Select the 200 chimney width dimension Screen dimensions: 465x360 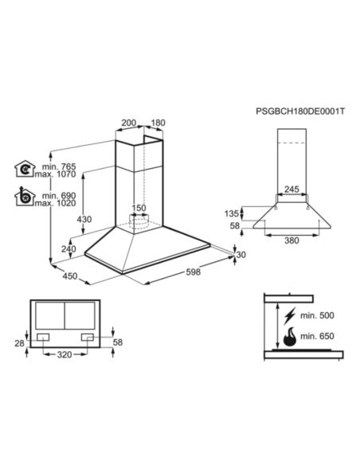128,123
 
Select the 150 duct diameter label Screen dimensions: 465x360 139,209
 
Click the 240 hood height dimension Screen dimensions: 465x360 69,249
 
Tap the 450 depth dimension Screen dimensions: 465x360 69,276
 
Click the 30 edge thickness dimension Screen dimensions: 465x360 242,255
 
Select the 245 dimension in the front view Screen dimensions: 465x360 292,190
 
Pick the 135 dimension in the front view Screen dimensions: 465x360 232,213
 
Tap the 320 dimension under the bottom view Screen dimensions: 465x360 66,354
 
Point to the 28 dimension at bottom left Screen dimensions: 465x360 20,342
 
